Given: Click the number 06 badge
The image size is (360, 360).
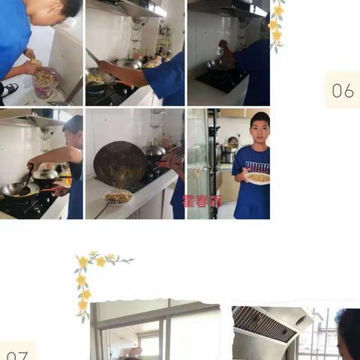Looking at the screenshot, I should coord(342,90).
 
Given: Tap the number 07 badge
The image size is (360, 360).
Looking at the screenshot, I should coord(16,353).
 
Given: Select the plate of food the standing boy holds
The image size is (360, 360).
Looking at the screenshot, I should coord(258,178).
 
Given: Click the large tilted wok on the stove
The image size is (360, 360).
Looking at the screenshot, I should coord(120,163).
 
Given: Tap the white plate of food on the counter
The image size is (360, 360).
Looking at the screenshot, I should coord(118,197).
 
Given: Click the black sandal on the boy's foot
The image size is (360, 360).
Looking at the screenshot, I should coord(9,90).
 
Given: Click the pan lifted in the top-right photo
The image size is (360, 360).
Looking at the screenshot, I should coord(219,64).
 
